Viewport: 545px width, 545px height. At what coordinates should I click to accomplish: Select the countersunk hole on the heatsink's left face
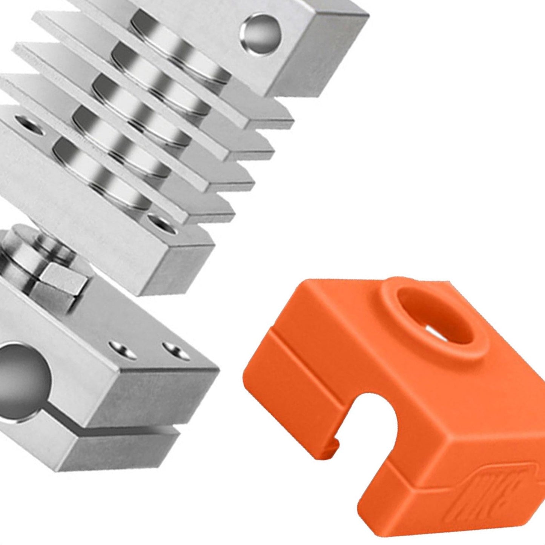click(28, 124)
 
